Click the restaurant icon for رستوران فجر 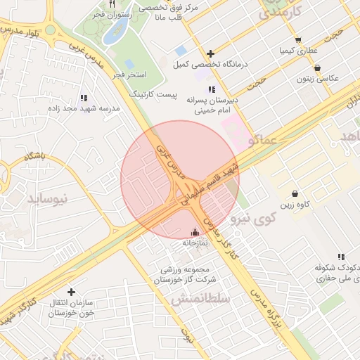click(111, 5)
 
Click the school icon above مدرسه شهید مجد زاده click(84, 98)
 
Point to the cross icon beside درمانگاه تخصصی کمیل click(211, 53)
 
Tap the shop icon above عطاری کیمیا click(299, 40)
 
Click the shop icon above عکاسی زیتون click(318, 68)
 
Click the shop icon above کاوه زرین click(294, 194)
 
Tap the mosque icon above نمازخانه click(195, 232)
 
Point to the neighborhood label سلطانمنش click(200, 299)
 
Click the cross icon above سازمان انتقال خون click(71, 291)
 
